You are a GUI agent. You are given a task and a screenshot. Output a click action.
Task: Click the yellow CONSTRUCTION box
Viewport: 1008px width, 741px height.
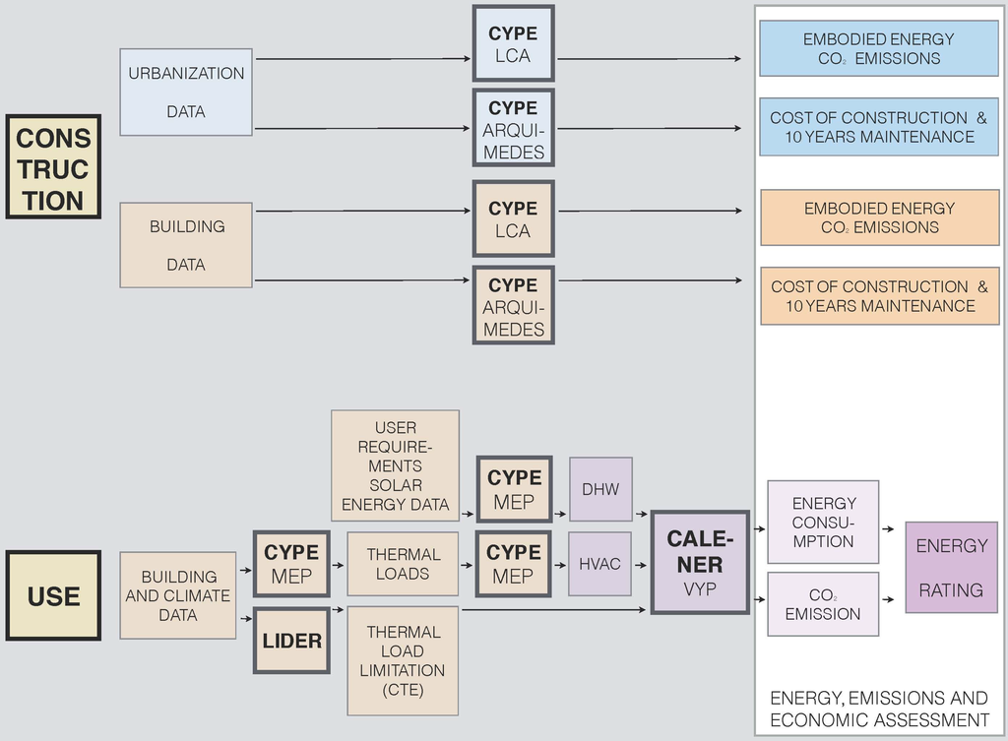(x=53, y=167)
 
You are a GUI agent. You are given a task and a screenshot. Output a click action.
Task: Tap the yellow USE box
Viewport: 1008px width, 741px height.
(x=53, y=595)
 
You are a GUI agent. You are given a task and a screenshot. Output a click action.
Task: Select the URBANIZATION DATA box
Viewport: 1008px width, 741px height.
(x=186, y=92)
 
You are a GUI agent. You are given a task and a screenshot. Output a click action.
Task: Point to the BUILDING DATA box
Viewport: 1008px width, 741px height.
(x=186, y=245)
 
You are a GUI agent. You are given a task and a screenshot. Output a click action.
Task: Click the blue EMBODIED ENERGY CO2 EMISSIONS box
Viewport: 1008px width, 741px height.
(x=878, y=48)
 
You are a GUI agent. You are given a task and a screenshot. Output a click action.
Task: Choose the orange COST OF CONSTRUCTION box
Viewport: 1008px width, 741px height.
(x=879, y=296)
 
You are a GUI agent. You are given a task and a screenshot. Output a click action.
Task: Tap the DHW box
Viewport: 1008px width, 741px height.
(x=600, y=489)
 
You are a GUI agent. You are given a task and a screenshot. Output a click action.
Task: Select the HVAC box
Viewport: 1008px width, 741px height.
(x=600, y=564)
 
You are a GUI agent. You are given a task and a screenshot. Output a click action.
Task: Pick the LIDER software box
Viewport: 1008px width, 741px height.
(x=291, y=641)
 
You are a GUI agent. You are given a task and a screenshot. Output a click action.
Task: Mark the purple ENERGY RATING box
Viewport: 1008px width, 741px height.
(x=950, y=568)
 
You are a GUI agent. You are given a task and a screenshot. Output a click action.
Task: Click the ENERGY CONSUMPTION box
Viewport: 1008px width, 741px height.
(x=823, y=523)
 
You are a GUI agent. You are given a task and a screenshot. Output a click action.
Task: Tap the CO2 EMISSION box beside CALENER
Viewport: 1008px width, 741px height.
(x=823, y=604)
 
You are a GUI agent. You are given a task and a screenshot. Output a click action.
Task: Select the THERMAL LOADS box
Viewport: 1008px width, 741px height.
(x=403, y=564)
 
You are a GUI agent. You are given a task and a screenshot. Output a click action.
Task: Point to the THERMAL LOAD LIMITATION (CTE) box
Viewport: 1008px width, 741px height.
(x=403, y=660)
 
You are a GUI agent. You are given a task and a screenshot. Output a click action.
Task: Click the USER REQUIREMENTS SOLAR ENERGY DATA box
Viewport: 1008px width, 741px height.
(x=395, y=465)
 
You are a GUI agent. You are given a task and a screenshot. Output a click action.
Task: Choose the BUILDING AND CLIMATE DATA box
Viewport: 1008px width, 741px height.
(x=178, y=595)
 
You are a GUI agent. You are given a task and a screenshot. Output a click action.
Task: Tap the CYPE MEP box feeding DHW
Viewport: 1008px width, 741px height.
(x=514, y=489)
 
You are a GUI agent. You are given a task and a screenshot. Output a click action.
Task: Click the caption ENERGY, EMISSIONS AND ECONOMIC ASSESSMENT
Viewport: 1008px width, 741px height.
(x=879, y=709)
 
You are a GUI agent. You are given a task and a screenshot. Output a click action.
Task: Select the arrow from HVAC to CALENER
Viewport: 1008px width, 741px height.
(x=640, y=565)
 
